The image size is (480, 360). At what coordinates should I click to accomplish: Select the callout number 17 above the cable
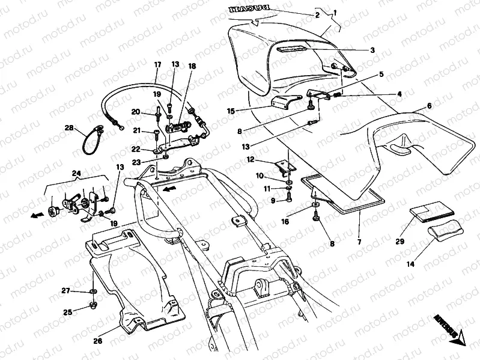(158, 64)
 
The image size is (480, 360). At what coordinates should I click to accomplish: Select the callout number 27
(67, 290)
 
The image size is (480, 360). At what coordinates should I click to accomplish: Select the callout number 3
(372, 50)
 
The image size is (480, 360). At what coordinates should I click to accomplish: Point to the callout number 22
(136, 150)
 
